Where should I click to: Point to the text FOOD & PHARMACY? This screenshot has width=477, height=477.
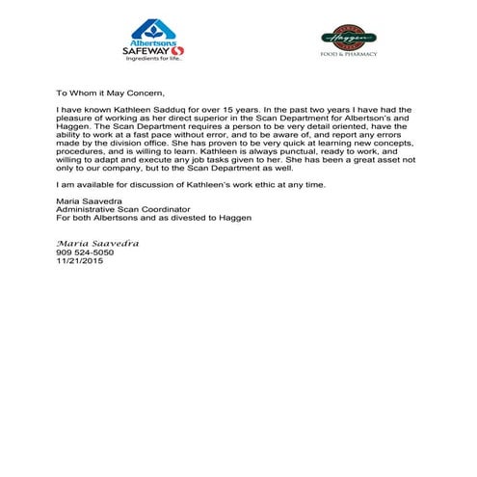tap(348, 54)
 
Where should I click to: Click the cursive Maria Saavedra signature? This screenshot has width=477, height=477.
tap(97, 243)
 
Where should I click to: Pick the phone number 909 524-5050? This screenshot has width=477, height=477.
tap(85, 252)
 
